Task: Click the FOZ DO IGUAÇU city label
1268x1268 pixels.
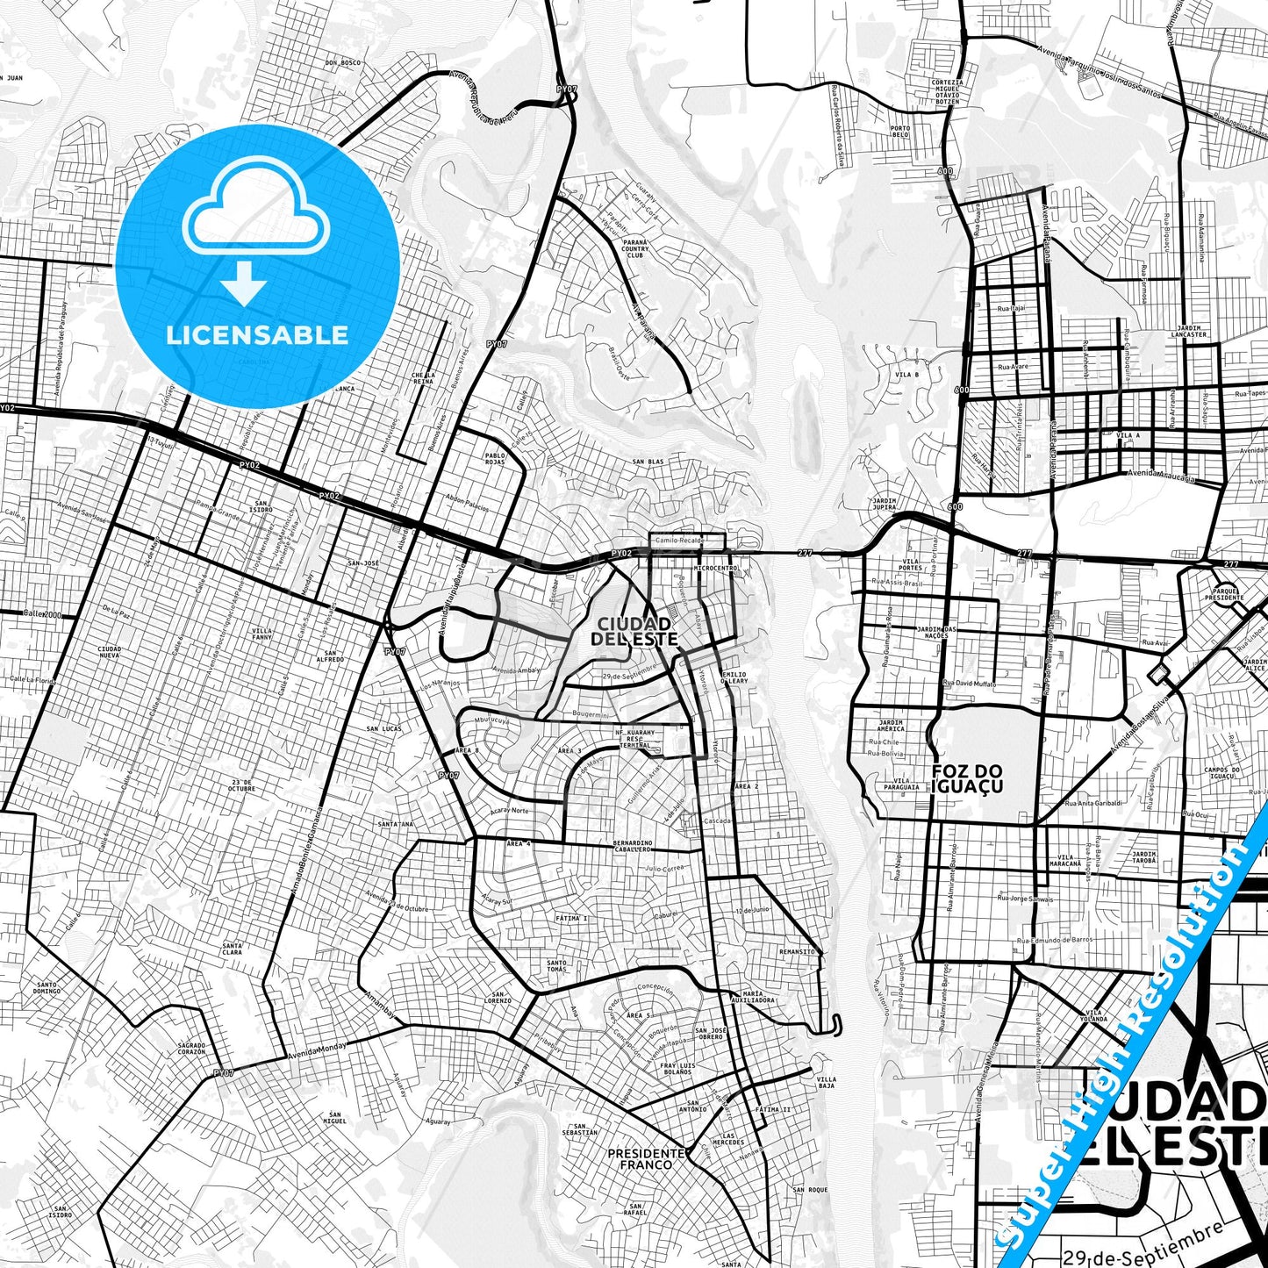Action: (967, 778)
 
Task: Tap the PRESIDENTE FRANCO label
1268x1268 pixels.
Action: (646, 1158)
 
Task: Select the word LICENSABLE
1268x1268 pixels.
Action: (257, 335)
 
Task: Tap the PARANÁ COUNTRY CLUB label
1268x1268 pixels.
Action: (635, 248)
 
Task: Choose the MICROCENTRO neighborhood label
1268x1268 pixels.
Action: (715, 569)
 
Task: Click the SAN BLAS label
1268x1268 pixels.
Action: (648, 462)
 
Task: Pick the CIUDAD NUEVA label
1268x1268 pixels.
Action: (110, 652)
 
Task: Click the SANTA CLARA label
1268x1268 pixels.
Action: (232, 949)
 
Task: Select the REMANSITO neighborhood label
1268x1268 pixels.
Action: (797, 951)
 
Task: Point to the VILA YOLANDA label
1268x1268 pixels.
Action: (1094, 1015)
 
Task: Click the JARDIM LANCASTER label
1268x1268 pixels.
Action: (1189, 331)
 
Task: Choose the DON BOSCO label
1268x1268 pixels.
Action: (343, 63)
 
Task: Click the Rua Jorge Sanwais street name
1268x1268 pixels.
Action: (1025, 898)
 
